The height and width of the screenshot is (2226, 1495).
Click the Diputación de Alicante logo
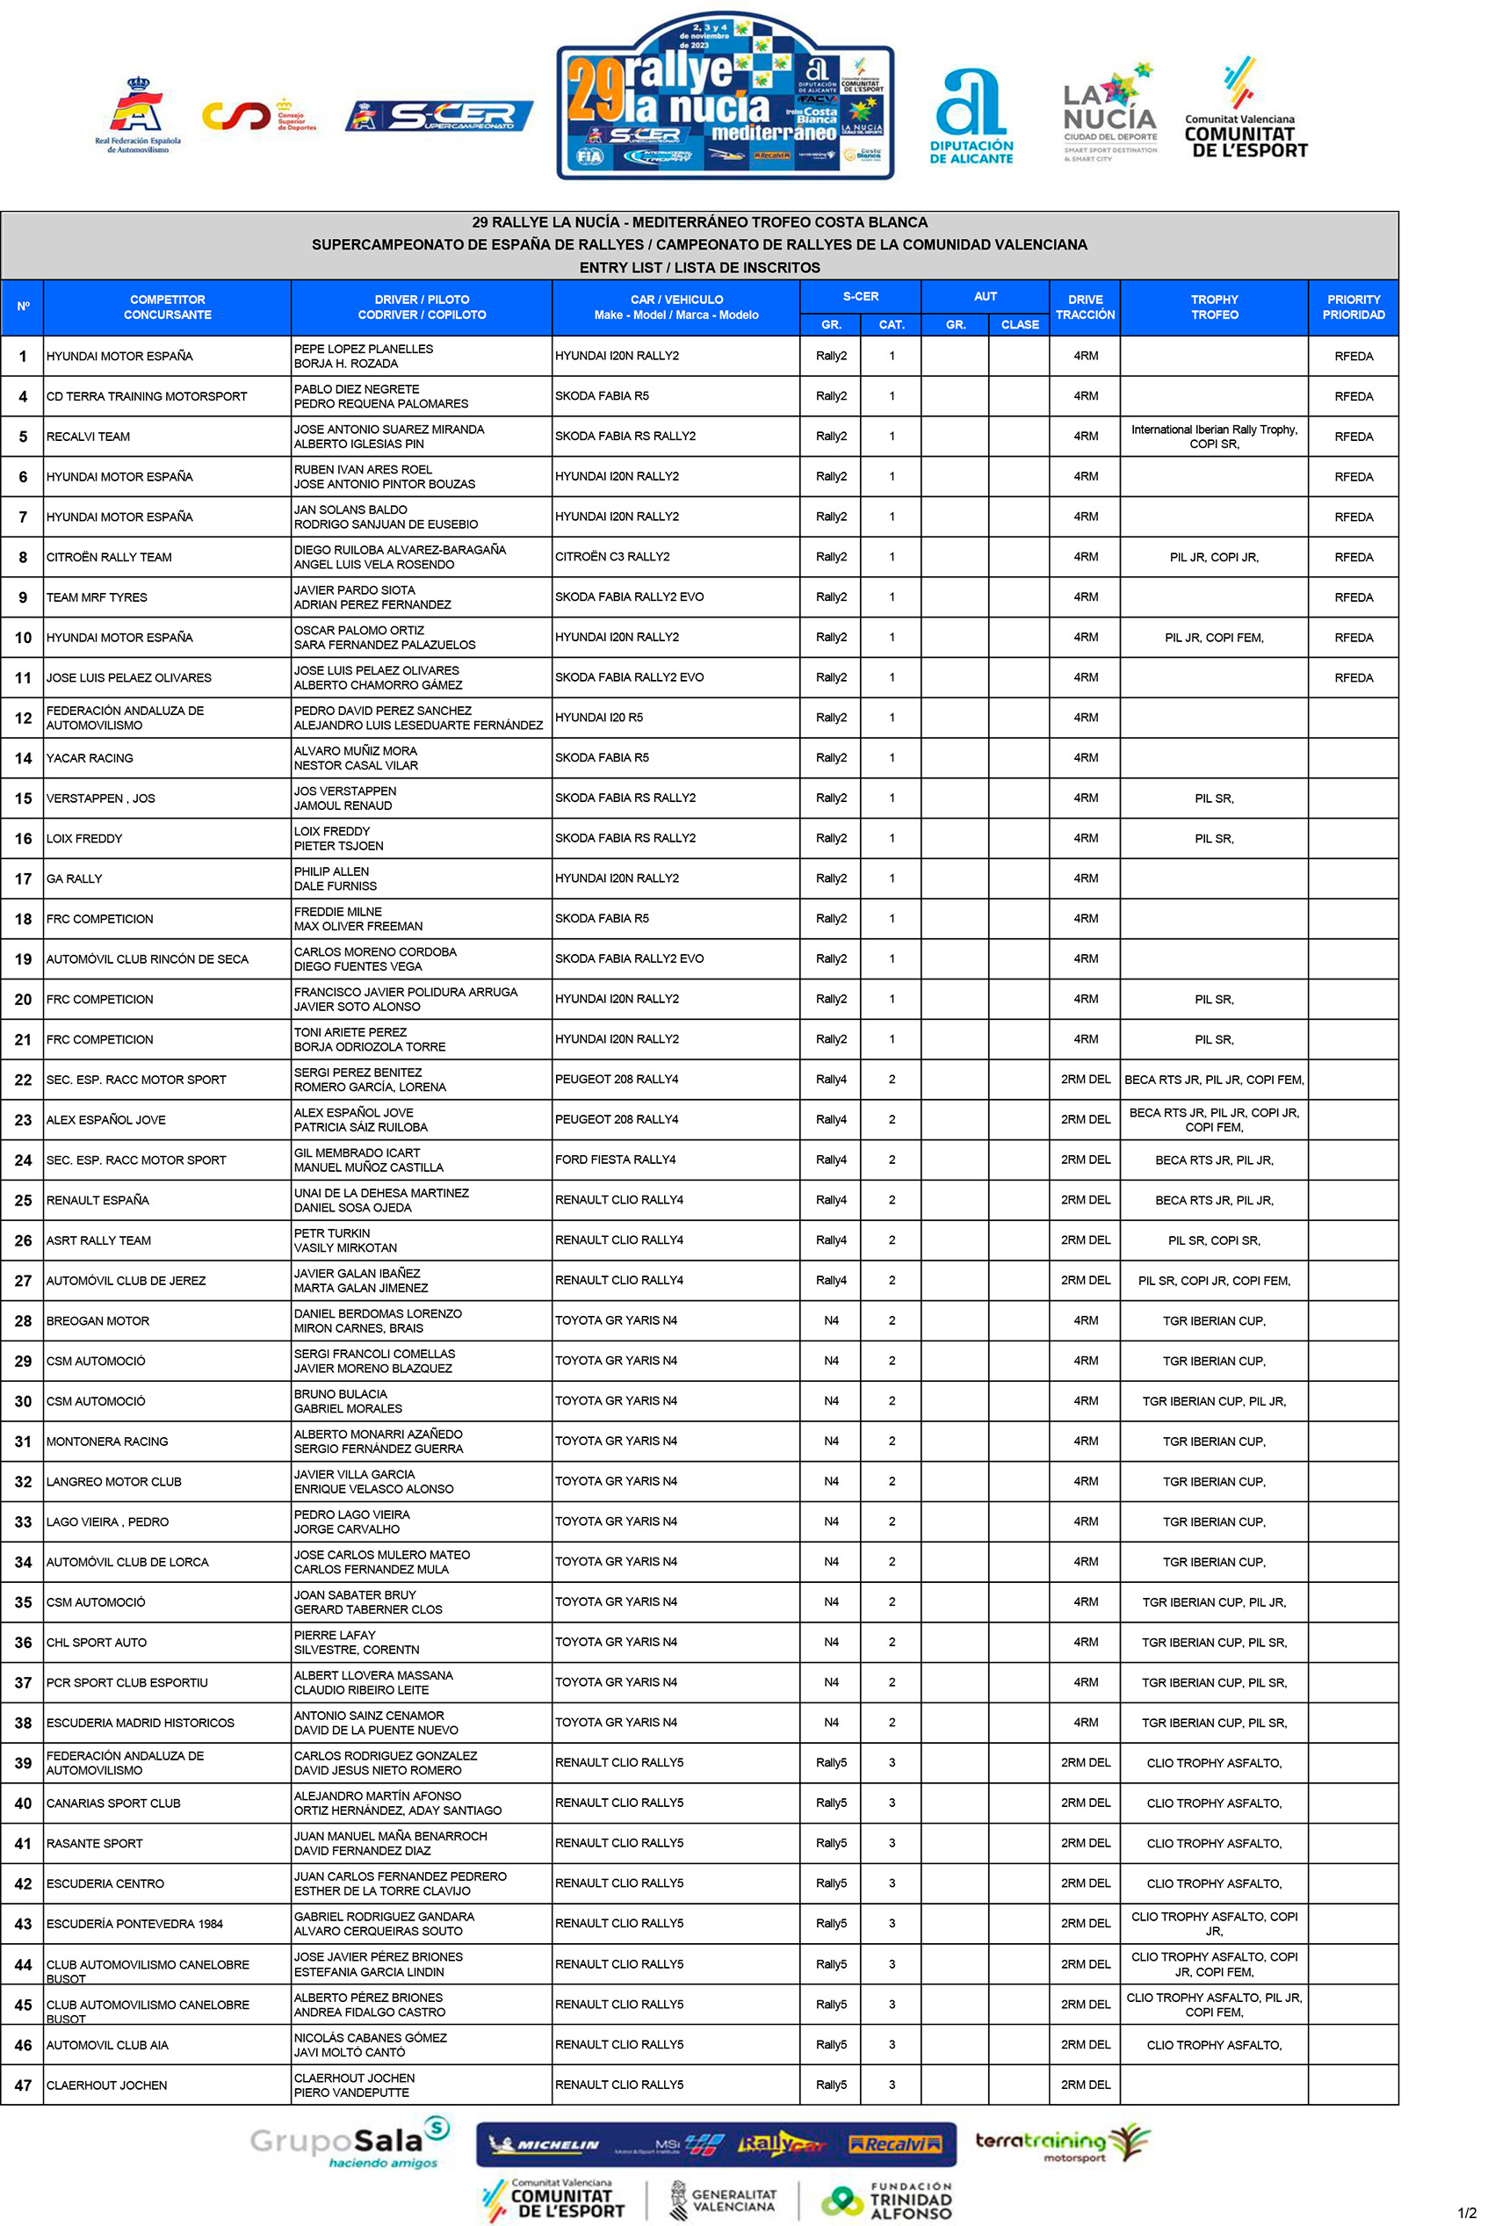pyautogui.click(x=971, y=116)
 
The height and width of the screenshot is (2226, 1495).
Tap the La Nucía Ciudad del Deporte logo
pyautogui.click(x=1109, y=112)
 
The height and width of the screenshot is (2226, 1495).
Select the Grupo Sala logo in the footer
pyautogui.click(x=349, y=2143)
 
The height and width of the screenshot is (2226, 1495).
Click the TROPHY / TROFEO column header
pyautogui.click(x=1214, y=307)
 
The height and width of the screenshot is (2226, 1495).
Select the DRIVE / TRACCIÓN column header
pyautogui.click(x=1085, y=307)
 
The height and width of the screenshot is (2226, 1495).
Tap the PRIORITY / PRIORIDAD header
pyautogui.click(x=1353, y=307)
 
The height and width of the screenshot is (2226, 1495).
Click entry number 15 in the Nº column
pyautogui.click(x=23, y=799)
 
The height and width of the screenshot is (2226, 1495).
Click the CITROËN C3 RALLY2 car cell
pyautogui.click(x=612, y=557)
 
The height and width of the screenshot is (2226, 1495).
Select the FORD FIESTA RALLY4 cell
pyautogui.click(x=615, y=1160)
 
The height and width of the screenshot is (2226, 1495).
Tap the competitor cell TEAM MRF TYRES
pyautogui.click(x=97, y=597)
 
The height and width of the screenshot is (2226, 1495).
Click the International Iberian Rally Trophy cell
pyautogui.click(x=1214, y=437)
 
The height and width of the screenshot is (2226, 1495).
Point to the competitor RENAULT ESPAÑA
pyautogui.click(x=98, y=1200)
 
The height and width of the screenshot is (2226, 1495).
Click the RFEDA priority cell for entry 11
pyautogui.click(x=1353, y=678)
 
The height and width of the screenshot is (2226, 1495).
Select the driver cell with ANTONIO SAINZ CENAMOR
pyautogui.click(x=369, y=1716)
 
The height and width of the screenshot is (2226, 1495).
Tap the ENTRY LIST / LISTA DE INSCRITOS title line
pyautogui.click(x=699, y=268)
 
